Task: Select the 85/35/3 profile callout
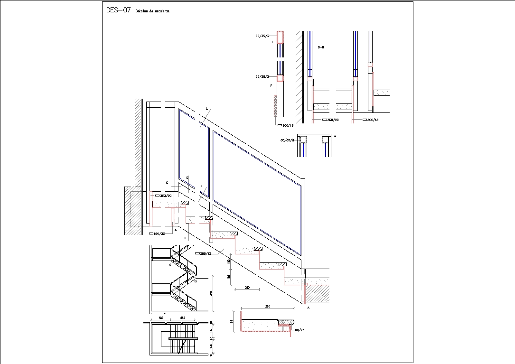[262, 36]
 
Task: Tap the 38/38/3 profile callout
[262, 76]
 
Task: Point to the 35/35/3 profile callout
[288, 140]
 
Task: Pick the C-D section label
[320, 47]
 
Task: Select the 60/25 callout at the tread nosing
[300, 330]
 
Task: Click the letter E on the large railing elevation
[207, 109]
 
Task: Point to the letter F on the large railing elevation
[202, 187]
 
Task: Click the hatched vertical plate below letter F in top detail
[275, 105]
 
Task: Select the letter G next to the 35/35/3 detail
[336, 136]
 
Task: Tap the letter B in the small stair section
[195, 281]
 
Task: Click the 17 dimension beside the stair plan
[211, 338]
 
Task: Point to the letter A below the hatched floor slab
[309, 308]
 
